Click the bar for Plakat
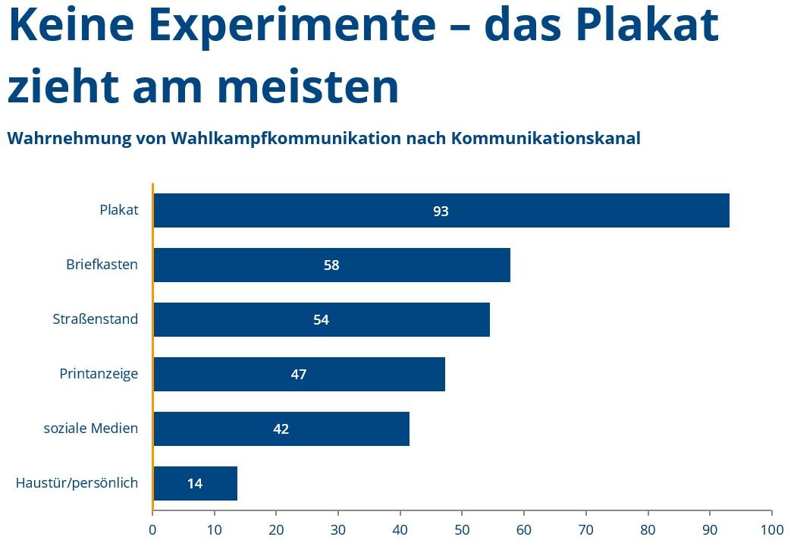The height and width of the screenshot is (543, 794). point(441,210)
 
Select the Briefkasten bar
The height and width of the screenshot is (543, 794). point(331,265)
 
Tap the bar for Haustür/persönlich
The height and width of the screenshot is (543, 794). point(196,483)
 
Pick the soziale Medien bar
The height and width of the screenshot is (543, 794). point(281,428)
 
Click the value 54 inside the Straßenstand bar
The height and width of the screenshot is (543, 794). point(321,319)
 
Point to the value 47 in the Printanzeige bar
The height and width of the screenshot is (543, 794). point(299,375)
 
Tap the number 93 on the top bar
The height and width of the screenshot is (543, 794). point(441,211)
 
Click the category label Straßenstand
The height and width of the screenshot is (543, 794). point(96,319)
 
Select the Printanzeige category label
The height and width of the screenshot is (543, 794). point(99,374)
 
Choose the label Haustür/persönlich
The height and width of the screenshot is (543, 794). point(77,483)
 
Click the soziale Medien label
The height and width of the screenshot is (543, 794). point(91,428)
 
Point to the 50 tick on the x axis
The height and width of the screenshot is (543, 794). point(462,530)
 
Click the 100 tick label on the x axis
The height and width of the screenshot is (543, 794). point(772,530)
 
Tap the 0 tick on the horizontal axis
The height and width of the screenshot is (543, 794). point(152,530)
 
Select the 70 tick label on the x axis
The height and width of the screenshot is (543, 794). point(586,530)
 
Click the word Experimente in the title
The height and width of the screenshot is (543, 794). point(292,25)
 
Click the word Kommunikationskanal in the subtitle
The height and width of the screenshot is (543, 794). point(546,138)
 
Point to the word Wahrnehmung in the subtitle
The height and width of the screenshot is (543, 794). point(69,138)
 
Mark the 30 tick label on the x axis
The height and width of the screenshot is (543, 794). point(337,530)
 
